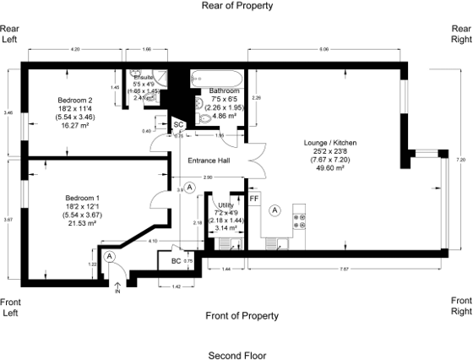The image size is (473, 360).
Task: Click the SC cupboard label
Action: point(178,125)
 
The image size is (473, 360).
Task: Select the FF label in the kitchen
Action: point(253,199)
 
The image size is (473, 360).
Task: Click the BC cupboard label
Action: point(176,260)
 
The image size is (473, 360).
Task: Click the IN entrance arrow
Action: point(117,290)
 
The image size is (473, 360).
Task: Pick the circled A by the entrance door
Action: point(111,255)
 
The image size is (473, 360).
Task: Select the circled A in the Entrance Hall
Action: point(189,186)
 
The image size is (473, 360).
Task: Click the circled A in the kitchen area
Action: point(275,210)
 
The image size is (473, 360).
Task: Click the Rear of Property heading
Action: point(236,6)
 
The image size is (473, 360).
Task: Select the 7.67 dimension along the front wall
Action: point(343,269)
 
